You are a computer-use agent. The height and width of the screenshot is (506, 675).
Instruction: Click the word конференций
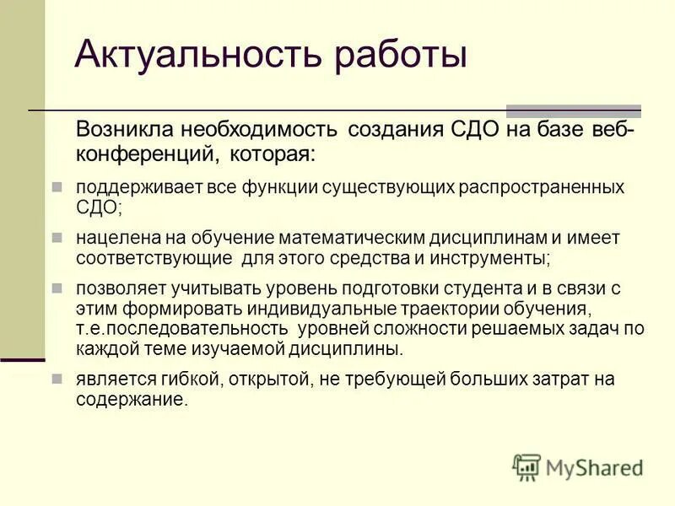138,154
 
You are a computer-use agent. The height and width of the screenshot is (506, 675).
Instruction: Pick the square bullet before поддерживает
57,186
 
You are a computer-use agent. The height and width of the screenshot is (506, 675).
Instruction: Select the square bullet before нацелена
57,238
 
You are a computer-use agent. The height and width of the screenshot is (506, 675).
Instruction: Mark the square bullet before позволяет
57,288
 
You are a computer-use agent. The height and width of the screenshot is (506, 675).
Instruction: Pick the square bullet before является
57,379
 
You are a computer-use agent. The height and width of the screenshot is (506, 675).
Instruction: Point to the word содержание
130,400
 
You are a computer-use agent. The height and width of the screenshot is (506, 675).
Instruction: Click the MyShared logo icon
526,466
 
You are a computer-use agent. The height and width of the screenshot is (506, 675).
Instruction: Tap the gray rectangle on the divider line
573,111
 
